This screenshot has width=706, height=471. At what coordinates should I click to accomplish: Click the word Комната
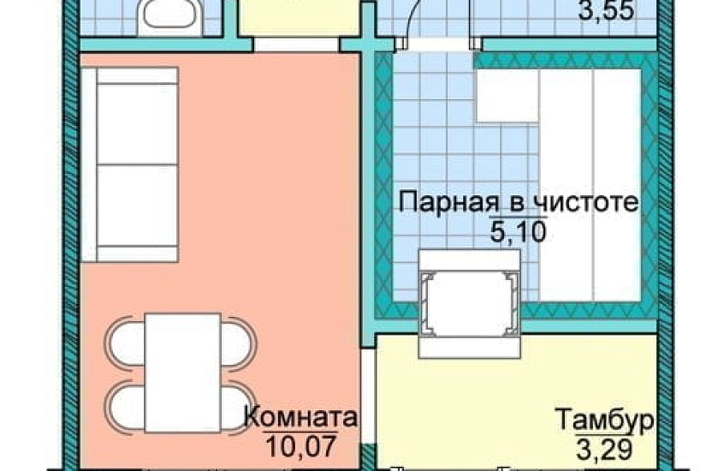tap(300, 419)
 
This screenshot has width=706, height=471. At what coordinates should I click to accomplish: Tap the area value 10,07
tap(300, 445)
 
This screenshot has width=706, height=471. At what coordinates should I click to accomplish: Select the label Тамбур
tap(604, 421)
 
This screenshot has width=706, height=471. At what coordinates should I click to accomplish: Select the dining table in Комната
tap(182, 371)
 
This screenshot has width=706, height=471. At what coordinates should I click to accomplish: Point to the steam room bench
tap(590, 184)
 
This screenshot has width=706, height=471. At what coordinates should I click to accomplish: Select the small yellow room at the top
tap(296, 17)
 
